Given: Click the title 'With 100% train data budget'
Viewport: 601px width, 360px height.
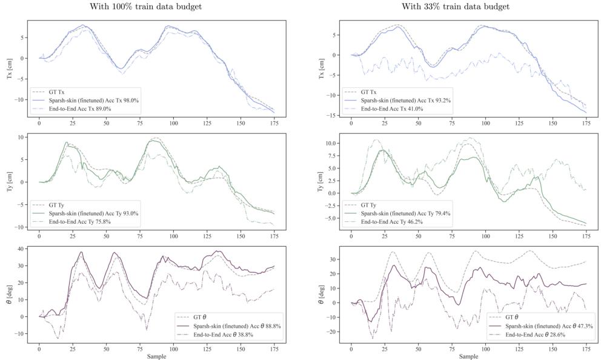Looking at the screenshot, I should (145, 7).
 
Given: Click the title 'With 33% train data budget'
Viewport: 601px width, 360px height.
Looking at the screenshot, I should (455, 7).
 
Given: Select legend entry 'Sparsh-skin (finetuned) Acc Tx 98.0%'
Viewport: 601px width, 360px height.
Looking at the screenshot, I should (90, 101).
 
